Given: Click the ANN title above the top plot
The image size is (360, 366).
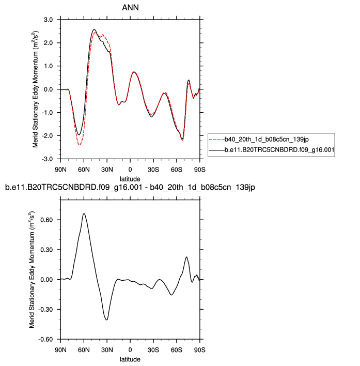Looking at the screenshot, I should [x=130, y=7].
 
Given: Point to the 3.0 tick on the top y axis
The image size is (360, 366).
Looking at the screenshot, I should [x=48, y=20].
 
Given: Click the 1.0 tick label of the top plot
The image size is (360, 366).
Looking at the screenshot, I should [x=48, y=66].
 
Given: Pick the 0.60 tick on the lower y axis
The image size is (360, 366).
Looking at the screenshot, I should [x=46, y=220].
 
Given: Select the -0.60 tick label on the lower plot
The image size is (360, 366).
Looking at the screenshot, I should [x=45, y=339].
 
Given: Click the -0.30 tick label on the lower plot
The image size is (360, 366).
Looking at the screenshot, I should [x=45, y=310].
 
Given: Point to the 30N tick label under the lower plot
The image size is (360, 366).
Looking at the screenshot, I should [x=107, y=350].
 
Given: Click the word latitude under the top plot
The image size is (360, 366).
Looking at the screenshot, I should [x=130, y=178].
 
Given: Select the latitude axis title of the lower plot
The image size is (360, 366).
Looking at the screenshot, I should [x=130, y=359].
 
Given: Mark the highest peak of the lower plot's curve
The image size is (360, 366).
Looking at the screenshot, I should [x=84, y=213].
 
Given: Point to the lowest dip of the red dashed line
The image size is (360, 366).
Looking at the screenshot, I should [x=80, y=145].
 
